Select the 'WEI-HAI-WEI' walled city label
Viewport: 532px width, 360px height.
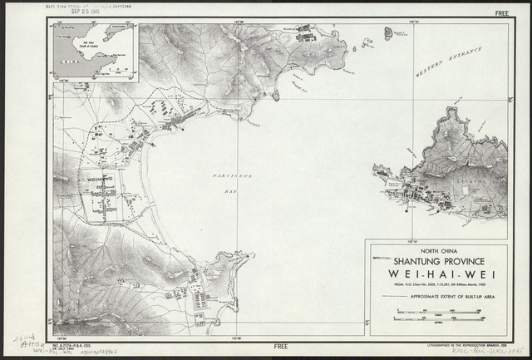point(101,175)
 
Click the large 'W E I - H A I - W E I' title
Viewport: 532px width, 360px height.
point(437,275)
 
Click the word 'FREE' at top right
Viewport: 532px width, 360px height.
point(500,14)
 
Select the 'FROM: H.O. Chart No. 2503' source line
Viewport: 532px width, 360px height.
point(436,286)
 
